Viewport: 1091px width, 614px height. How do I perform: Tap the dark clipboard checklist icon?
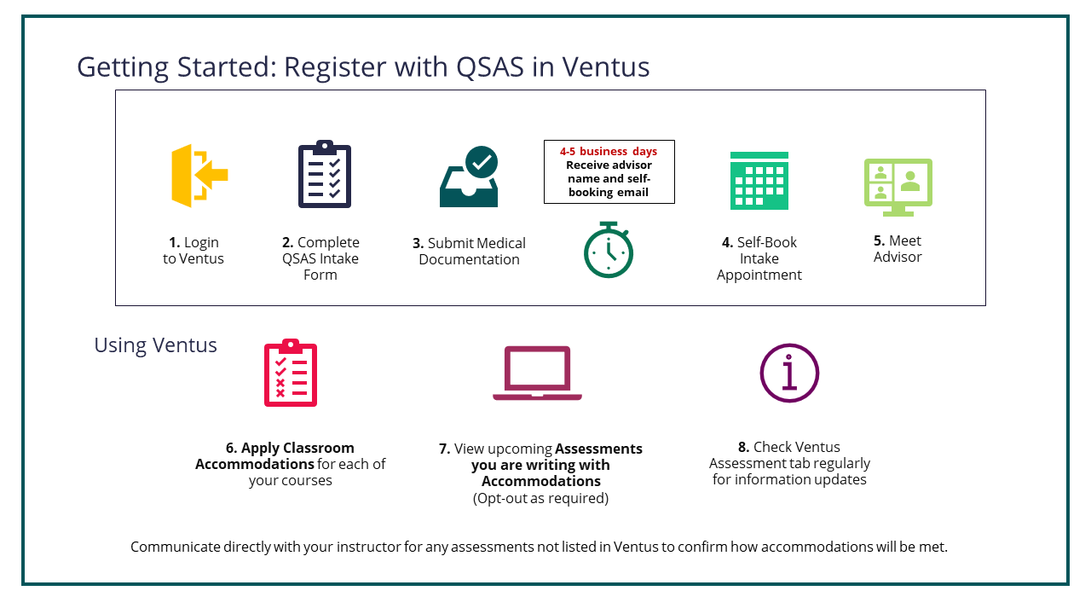tap(324, 175)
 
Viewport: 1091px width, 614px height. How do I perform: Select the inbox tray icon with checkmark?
tap(469, 177)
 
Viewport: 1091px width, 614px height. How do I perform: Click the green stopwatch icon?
tap(608, 250)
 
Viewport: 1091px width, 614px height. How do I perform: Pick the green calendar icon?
tap(759, 180)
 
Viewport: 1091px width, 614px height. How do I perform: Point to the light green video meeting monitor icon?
tap(898, 186)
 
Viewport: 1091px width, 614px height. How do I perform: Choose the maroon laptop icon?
tap(537, 373)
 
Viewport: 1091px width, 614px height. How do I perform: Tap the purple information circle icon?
tap(789, 373)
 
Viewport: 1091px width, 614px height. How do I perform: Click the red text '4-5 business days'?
tap(609, 152)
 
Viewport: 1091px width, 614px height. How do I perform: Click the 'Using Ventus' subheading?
tap(155, 345)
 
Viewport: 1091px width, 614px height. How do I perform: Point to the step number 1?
tap(174, 242)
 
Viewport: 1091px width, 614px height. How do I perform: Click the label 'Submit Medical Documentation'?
tap(469, 251)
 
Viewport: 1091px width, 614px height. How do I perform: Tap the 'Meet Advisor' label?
tap(898, 248)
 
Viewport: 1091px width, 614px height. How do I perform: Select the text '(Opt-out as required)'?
tap(540, 498)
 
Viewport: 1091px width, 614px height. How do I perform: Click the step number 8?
tap(743, 447)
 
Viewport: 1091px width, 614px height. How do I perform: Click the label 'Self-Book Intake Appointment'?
tap(759, 258)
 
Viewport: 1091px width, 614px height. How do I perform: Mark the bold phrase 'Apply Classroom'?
tap(297, 448)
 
